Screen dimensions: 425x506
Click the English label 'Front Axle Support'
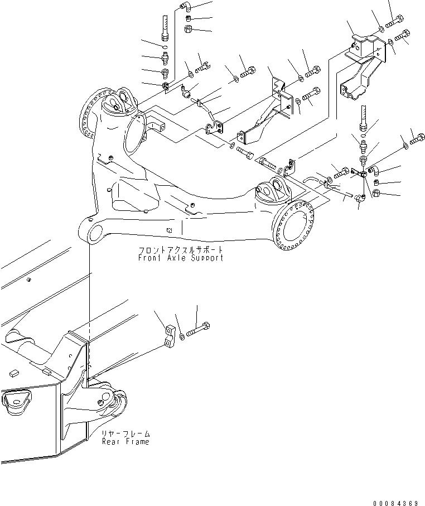pyautogui.click(x=181, y=258)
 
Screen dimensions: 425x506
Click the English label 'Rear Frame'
pyautogui.click(x=126, y=441)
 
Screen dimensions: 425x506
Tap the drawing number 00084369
pyautogui.click(x=395, y=503)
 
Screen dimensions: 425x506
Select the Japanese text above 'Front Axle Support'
pyautogui.click(x=181, y=250)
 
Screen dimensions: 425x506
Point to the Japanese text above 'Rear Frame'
pyautogui.click(x=126, y=433)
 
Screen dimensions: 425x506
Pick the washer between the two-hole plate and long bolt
pyautogui.click(x=182, y=337)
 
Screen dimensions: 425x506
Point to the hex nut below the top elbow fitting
pyautogui.click(x=189, y=29)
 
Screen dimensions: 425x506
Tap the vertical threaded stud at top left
pyautogui.click(x=165, y=28)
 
